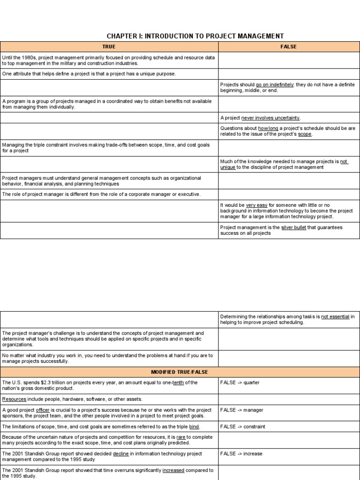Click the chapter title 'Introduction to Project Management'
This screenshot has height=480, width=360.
[x=195, y=36]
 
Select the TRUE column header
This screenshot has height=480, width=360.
[x=109, y=47]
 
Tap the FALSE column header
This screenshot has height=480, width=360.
[x=289, y=47]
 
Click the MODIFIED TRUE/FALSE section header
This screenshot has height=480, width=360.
[x=180, y=372]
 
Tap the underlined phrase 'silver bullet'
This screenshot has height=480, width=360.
[x=293, y=227]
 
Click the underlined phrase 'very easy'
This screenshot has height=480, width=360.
[x=256, y=205]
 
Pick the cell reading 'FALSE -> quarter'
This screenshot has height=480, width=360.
[x=240, y=382]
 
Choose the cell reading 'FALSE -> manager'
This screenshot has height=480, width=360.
[x=241, y=410]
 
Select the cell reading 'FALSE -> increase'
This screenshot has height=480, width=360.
[x=241, y=454]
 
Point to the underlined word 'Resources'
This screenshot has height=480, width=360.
[x=14, y=399]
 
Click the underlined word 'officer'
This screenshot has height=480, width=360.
[x=43, y=410]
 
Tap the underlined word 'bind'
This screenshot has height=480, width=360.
[x=194, y=427]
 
